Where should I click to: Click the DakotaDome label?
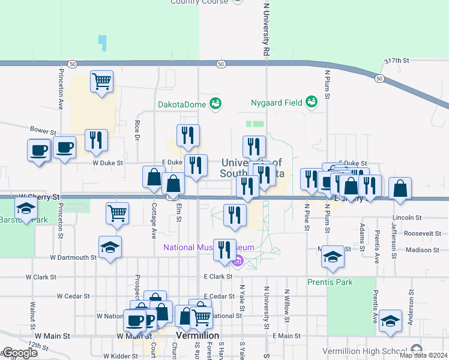coord(182,104)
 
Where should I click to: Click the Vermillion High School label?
coord(372,350)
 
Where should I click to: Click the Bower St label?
coord(43,130)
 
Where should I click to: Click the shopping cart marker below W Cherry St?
coord(117,212)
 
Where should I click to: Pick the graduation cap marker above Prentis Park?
coord(333,257)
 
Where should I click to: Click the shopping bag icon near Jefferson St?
coord(400,188)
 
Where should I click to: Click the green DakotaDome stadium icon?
coord(215,104)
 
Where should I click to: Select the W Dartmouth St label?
coord(73,257)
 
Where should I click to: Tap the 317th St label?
coord(397,61)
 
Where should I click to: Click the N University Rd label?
coord(265,28)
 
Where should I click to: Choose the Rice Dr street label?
coord(137,130)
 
